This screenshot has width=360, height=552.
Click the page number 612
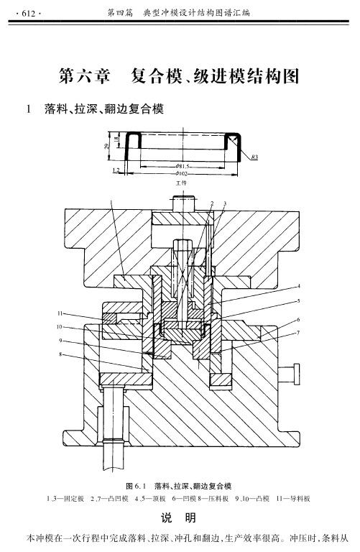pyautogui.click(x=29, y=14)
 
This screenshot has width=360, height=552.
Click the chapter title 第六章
pyautogui.click(x=85, y=75)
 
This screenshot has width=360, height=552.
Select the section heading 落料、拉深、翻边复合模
pyautogui.click(x=104, y=109)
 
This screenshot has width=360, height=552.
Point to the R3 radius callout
pyautogui.click(x=254, y=157)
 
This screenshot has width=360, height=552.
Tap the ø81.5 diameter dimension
pyautogui.click(x=183, y=166)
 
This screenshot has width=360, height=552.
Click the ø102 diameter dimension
pyautogui.click(x=182, y=173)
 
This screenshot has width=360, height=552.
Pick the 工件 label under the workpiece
pyautogui.click(x=182, y=183)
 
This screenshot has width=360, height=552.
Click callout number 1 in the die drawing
pyautogui.click(x=111, y=202)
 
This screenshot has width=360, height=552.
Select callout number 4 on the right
pyautogui.click(x=299, y=286)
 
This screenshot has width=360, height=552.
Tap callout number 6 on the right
pyautogui.click(x=298, y=320)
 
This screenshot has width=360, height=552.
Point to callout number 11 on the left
pyautogui.click(x=60, y=313)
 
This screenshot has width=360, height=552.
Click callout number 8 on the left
pyautogui.click(x=60, y=354)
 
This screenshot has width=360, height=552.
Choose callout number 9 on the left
pyautogui.click(x=60, y=341)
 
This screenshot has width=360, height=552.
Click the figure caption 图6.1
pyautogui.click(x=136, y=487)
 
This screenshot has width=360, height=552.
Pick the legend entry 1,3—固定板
pyautogui.click(x=65, y=499)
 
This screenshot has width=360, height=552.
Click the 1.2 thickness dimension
pyautogui.click(x=116, y=170)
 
